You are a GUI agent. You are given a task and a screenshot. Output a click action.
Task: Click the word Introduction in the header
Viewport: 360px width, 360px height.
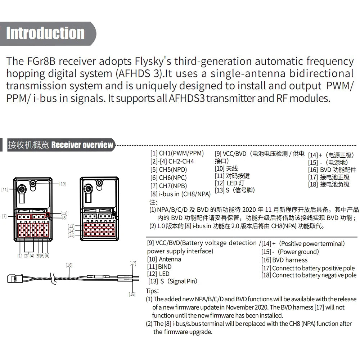[45, 33]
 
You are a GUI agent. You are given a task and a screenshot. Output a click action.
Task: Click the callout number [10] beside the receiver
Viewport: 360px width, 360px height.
[62, 184]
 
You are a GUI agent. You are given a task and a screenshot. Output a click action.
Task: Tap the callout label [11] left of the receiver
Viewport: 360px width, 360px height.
[4, 189]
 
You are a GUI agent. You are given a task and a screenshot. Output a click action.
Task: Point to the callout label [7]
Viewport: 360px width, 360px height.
[4, 216]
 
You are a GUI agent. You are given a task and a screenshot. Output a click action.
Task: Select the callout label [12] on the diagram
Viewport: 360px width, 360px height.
[64, 213]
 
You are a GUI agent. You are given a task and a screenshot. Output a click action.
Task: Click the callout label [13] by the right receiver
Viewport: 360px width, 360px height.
[71, 226]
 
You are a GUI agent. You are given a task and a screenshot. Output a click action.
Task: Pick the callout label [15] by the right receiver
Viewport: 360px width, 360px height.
[71, 235]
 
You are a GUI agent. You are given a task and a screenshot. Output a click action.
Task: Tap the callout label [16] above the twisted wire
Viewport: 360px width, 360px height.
[69, 265]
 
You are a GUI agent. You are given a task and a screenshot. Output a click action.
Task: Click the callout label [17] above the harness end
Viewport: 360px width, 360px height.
[133, 263]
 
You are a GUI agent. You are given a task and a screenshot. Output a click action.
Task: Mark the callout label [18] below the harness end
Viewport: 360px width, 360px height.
[132, 294]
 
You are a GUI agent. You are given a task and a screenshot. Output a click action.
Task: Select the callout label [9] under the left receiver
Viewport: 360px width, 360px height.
[47, 256]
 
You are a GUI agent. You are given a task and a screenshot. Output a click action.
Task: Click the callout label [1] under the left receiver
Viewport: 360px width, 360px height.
[19, 256]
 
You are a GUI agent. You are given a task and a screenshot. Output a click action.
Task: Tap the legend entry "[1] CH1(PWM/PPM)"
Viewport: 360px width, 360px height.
[177, 153]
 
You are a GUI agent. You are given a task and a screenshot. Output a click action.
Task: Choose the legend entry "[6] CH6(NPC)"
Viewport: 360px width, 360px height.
[168, 177]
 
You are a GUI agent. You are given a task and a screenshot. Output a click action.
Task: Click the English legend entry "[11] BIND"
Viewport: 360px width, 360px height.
[159, 267]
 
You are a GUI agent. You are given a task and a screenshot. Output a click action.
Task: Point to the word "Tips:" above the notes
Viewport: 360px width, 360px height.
[152, 291]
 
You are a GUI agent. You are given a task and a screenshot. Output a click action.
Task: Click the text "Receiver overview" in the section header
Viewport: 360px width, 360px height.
[82, 145]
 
